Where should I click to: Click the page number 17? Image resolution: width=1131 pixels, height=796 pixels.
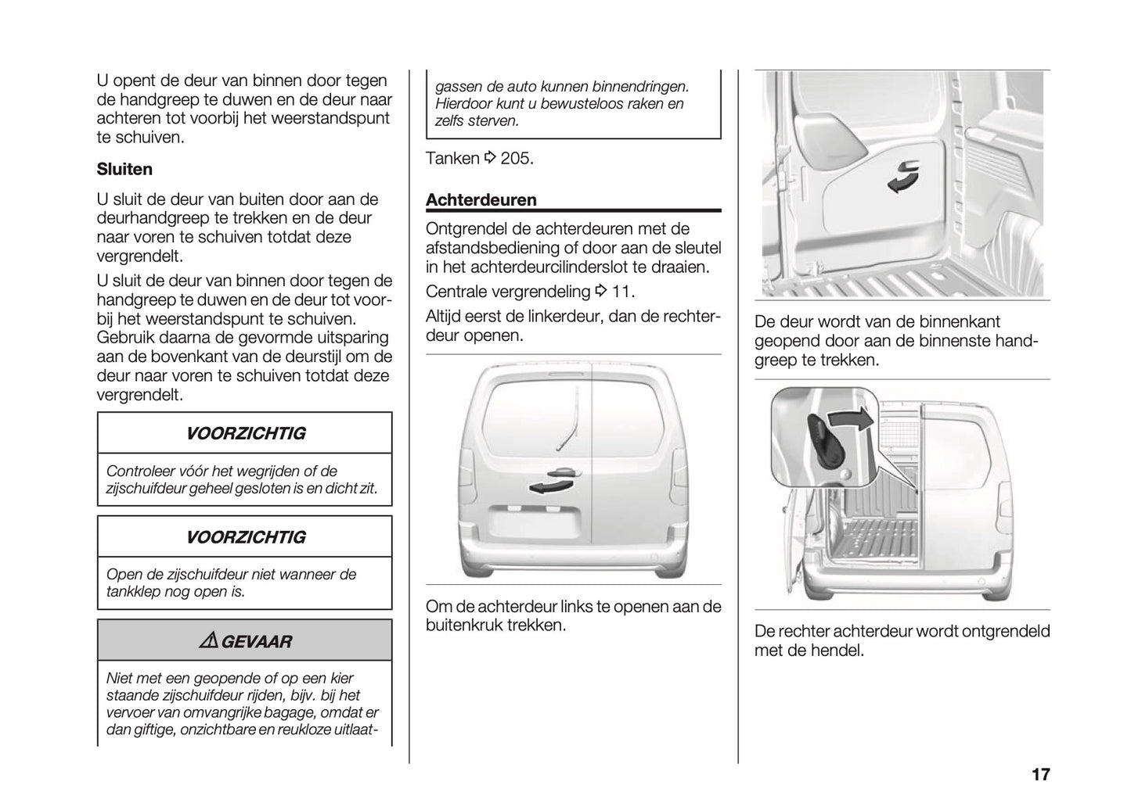tap(1039, 774)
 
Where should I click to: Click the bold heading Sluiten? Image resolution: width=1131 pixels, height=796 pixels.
tap(124, 169)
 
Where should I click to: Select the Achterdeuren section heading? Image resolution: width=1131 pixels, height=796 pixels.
tap(481, 199)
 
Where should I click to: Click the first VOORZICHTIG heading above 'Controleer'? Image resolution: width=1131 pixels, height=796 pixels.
tap(245, 433)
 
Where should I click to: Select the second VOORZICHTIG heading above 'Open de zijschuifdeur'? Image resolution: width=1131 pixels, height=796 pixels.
tap(245, 537)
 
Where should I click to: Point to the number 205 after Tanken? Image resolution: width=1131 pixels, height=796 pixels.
tap(517, 159)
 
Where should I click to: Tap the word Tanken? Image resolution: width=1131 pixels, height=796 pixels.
tap(452, 159)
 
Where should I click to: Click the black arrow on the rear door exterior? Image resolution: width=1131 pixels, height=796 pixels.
tap(546, 488)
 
